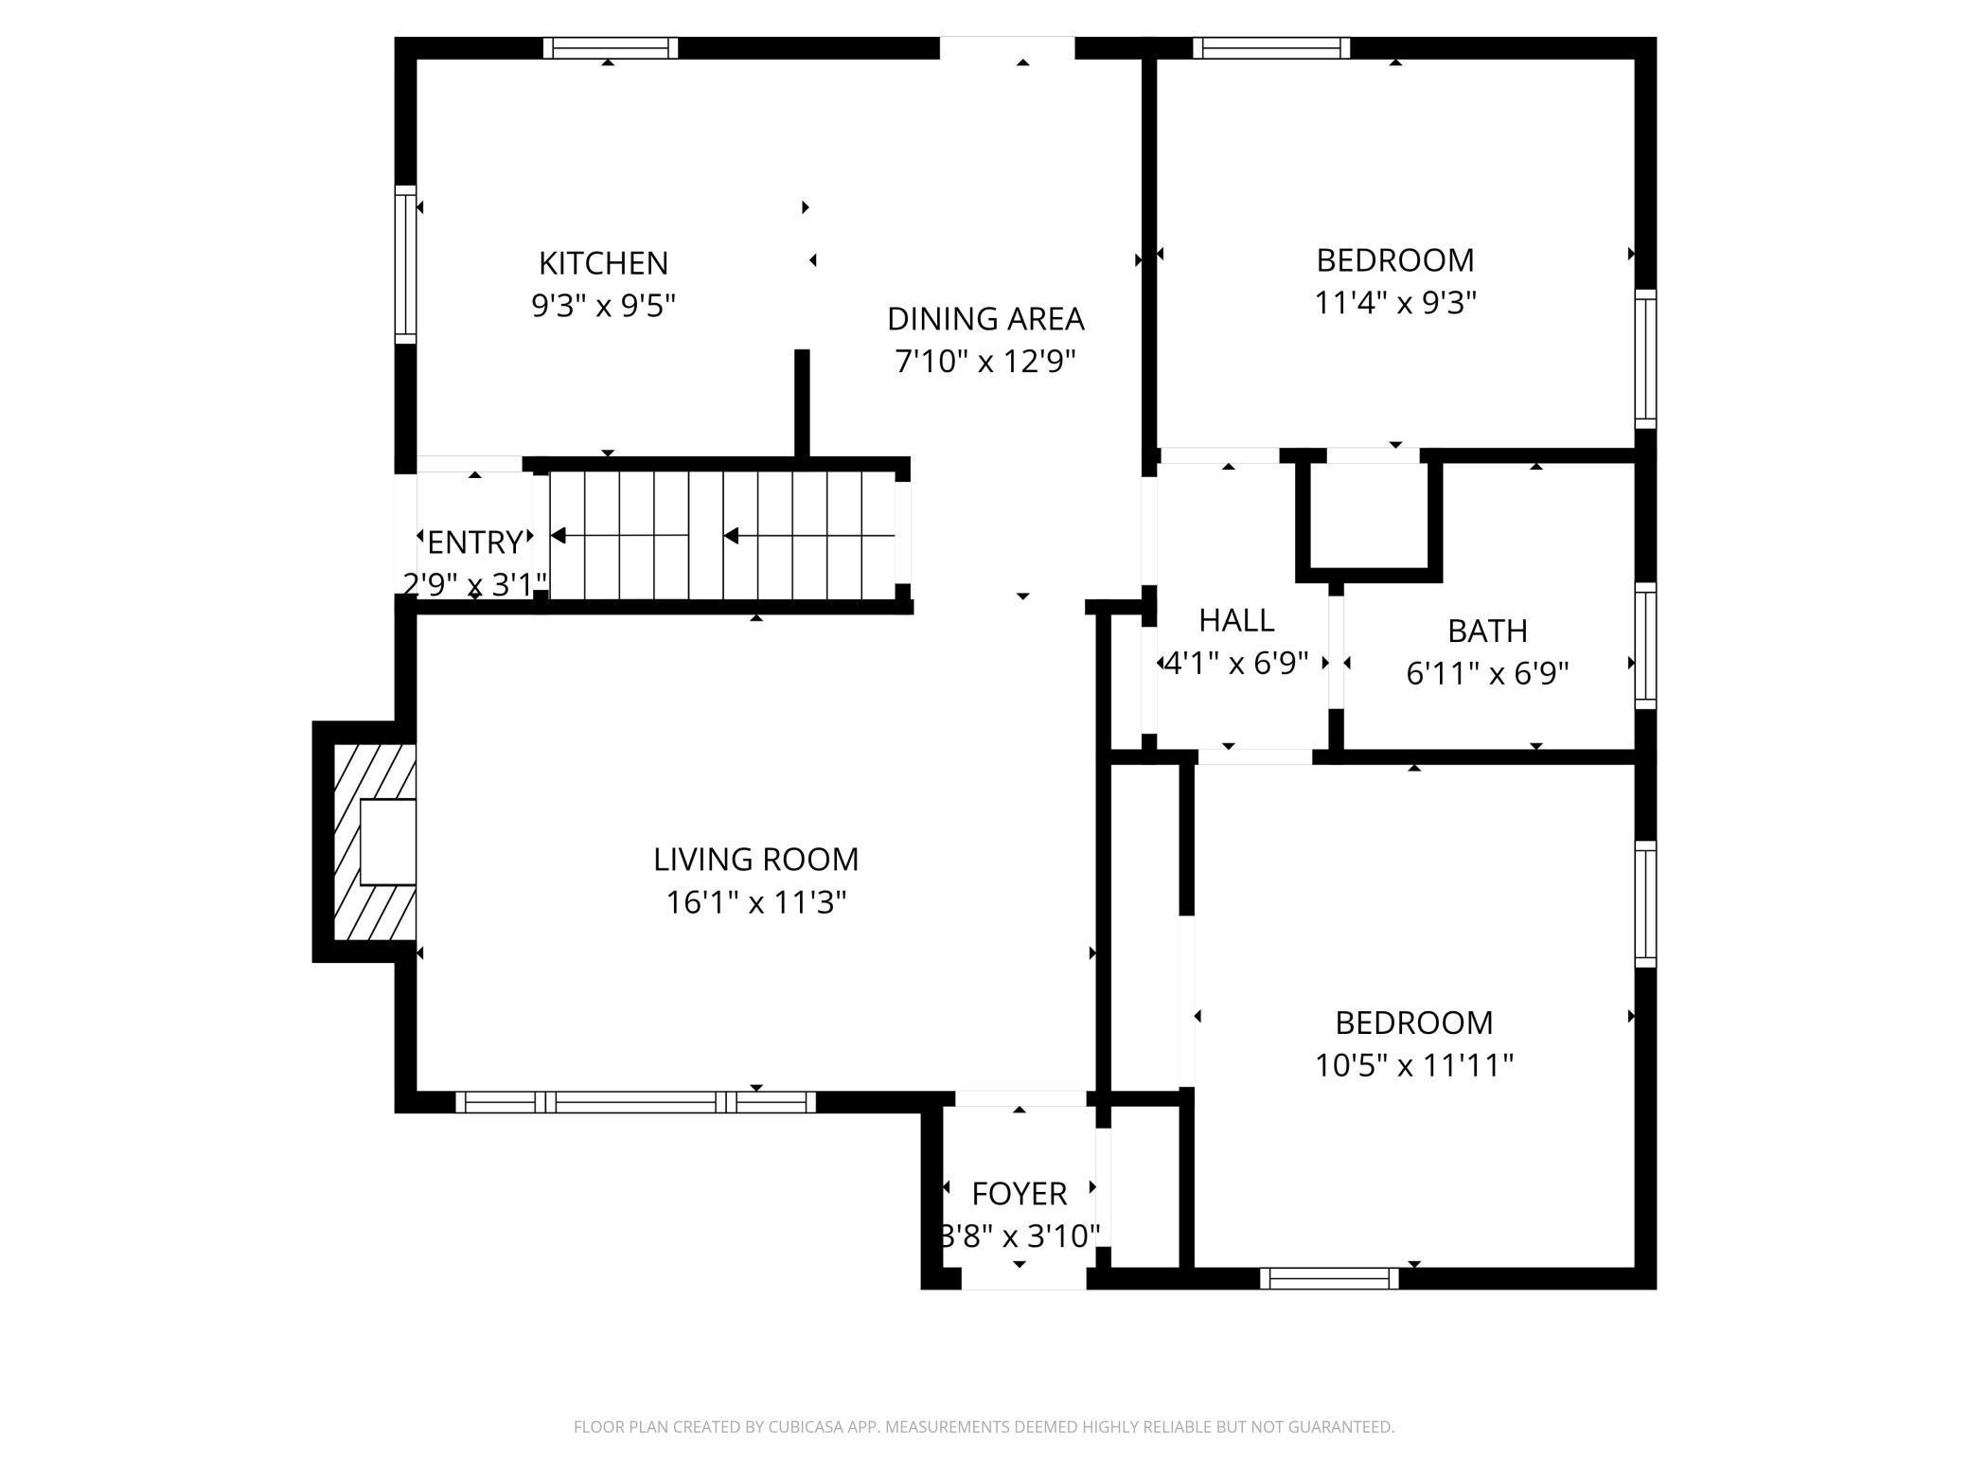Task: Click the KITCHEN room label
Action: [x=603, y=262]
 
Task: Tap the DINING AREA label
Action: [x=985, y=319]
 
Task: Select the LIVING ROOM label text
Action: [x=756, y=860]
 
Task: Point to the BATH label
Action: [x=1487, y=631]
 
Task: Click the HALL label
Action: [x=1236, y=620]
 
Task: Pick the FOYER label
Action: [x=1020, y=1194]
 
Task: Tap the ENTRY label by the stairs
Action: [x=475, y=543]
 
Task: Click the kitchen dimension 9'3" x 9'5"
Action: [x=603, y=306]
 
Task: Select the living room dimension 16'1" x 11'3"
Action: [x=756, y=903]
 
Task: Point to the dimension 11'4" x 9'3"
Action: [x=1395, y=303]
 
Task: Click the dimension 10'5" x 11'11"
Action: [x=1414, y=1066]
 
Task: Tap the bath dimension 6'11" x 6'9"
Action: [x=1487, y=674]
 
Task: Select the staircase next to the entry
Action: [x=722, y=536]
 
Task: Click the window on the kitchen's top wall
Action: [x=611, y=47]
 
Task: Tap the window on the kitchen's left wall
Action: [x=405, y=264]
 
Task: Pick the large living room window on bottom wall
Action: [x=635, y=1102]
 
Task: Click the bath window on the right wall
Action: [x=1646, y=646]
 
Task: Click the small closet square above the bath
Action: [x=1369, y=516]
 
